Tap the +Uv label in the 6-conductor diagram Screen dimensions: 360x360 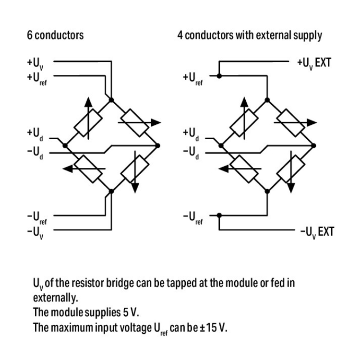pyautogui.click(x=36, y=63)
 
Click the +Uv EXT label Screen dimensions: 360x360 pyautogui.click(x=314, y=63)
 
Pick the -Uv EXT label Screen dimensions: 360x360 pyautogui.click(x=316, y=232)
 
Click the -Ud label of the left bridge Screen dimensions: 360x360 pyautogui.click(x=36, y=153)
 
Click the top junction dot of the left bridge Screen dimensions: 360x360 pyautogui.click(x=111, y=100)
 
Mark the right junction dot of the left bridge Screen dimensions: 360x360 pyautogui.click(x=158, y=144)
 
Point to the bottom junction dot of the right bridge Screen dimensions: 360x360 pyautogui.click(x=267, y=192)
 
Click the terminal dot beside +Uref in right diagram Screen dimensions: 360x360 pyautogui.click(x=219, y=76)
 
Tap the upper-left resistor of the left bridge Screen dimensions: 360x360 pyautogui.click(x=87, y=122)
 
